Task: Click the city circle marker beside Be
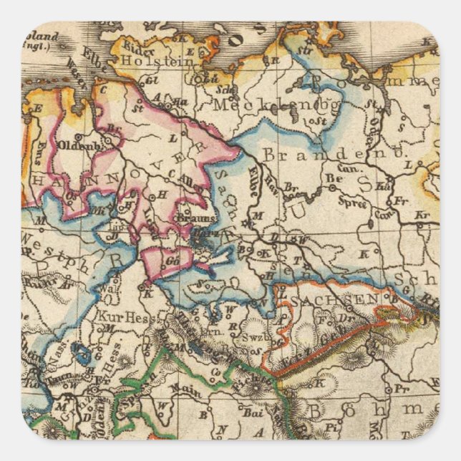[331, 188]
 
